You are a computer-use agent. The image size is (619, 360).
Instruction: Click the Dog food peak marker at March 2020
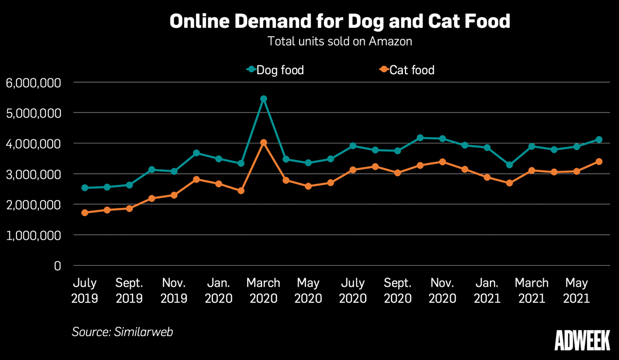263,99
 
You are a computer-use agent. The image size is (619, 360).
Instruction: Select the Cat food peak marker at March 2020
263,142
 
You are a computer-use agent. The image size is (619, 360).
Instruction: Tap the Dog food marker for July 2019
85,188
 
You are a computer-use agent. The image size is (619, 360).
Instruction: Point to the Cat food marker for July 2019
85,212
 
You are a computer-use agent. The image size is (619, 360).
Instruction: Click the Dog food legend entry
275,70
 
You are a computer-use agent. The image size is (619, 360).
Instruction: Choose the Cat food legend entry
406,70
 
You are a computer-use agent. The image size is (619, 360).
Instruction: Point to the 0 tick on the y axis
57,266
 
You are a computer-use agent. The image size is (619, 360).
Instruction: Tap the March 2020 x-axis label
263,290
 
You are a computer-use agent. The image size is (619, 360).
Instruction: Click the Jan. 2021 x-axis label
487,290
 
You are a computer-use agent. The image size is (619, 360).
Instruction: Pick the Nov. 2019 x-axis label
174,290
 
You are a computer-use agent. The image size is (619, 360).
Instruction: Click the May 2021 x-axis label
576,290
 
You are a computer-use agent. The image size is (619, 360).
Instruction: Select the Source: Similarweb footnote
122,332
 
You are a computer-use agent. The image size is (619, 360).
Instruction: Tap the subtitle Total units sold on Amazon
339,42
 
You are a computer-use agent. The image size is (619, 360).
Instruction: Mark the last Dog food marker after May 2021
599,139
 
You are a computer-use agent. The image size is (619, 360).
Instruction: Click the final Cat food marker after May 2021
599,161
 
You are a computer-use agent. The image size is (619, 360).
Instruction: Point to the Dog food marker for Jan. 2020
219,159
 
